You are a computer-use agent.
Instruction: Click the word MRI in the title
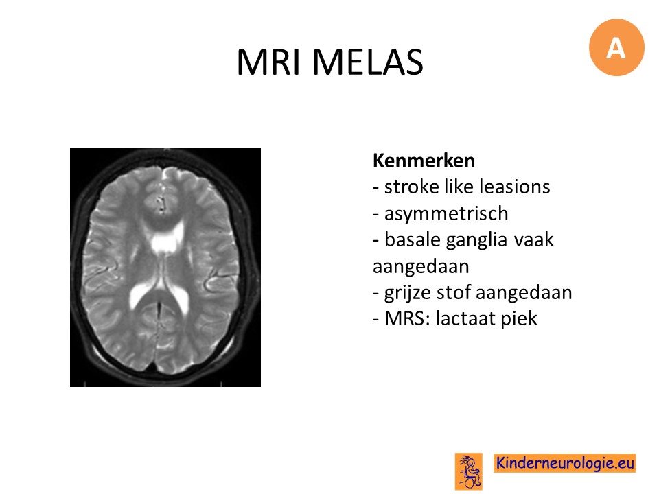(269, 62)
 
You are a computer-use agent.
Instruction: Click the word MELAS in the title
(367, 62)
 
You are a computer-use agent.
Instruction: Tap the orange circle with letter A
(616, 47)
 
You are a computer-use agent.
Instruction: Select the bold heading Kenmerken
(424, 161)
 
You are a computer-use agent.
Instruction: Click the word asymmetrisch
(446, 214)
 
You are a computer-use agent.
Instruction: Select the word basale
(411, 240)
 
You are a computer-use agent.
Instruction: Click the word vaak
(534, 240)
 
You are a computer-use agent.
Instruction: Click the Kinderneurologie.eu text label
(565, 463)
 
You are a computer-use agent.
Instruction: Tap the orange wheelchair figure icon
(469, 471)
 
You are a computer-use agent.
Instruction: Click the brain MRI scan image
(165, 268)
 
